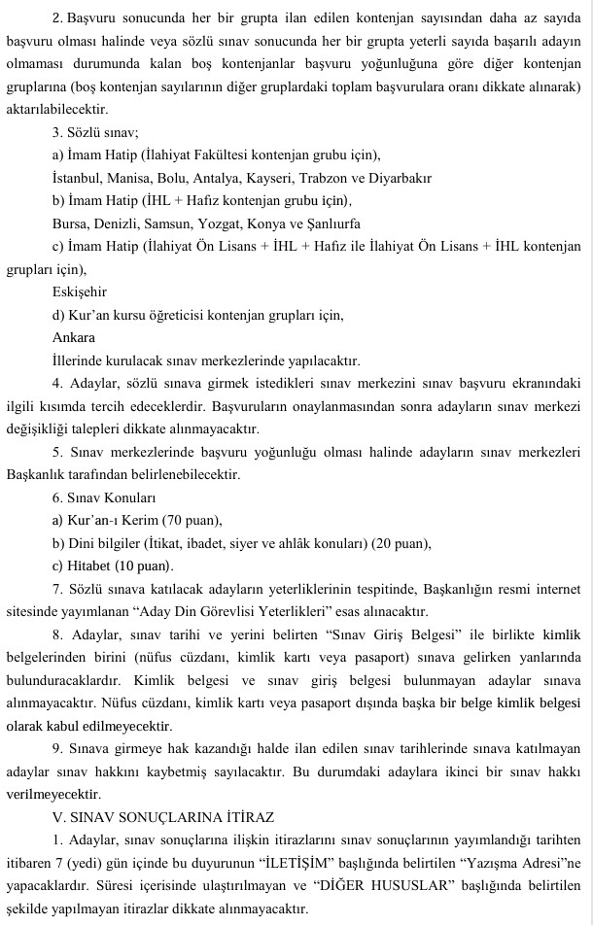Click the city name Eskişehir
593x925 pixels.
80,291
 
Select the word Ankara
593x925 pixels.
74,337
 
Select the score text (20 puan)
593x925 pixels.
397,542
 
